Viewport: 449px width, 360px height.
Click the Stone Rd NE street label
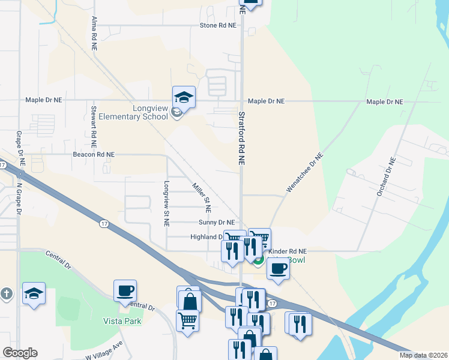pos(218,26)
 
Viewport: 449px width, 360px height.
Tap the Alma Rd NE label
pos(94,33)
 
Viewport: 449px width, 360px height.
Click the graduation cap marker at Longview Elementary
pos(184,97)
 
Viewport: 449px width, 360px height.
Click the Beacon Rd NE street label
pos(94,154)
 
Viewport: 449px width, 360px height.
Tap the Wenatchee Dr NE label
pos(305,172)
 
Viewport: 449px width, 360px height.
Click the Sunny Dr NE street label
pos(216,222)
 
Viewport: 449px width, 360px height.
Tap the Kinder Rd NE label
pos(288,251)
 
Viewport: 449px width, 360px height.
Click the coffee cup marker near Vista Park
pos(125,290)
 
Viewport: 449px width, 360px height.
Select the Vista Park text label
pos(122,321)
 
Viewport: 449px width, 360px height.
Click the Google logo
pos(19,353)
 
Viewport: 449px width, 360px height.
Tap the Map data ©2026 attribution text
pos(423,355)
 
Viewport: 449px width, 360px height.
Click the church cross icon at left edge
pos(6,294)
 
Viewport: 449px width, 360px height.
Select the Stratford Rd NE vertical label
pos(242,138)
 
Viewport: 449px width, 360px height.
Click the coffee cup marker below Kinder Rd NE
pos(278,268)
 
